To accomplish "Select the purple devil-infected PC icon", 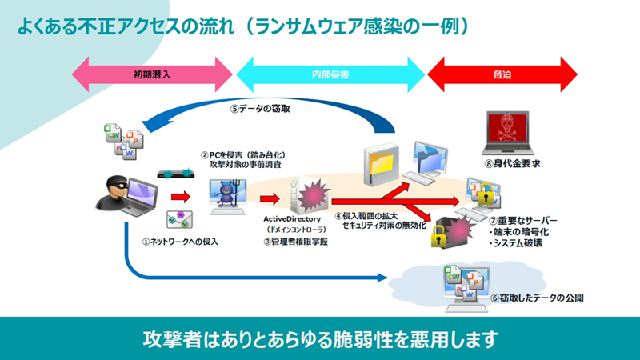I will click(x=226, y=194).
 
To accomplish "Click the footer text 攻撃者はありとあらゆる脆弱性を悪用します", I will click(x=320, y=336).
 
